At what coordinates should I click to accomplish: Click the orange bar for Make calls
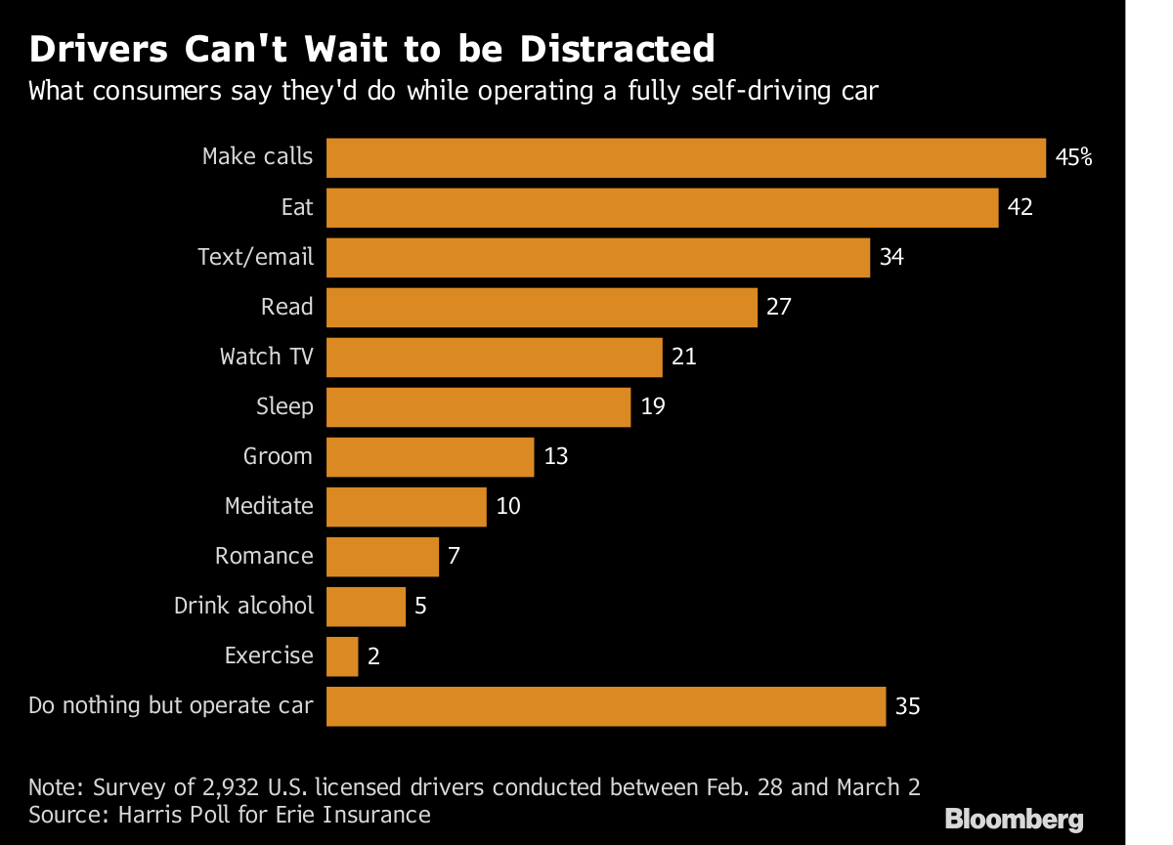coord(685,157)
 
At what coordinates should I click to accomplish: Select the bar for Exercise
coord(342,656)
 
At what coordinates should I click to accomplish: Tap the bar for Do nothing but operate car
coord(605,706)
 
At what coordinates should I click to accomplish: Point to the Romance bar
coord(382,557)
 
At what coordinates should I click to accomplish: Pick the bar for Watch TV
coord(494,358)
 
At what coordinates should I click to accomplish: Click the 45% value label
coord(1073,157)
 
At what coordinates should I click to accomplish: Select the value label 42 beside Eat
coord(1020,207)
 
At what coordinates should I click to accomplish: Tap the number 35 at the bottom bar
coord(908,706)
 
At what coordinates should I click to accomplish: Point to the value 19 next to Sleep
coord(653,406)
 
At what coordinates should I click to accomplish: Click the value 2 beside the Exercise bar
coord(373,656)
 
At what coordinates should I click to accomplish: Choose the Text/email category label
coord(255,257)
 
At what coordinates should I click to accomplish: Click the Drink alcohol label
coord(243,606)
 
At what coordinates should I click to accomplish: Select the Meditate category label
coord(269,506)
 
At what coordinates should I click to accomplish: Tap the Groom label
coord(278,456)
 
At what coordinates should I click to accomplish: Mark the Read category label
coord(286,307)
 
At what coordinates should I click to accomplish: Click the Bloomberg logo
coord(1014,819)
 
